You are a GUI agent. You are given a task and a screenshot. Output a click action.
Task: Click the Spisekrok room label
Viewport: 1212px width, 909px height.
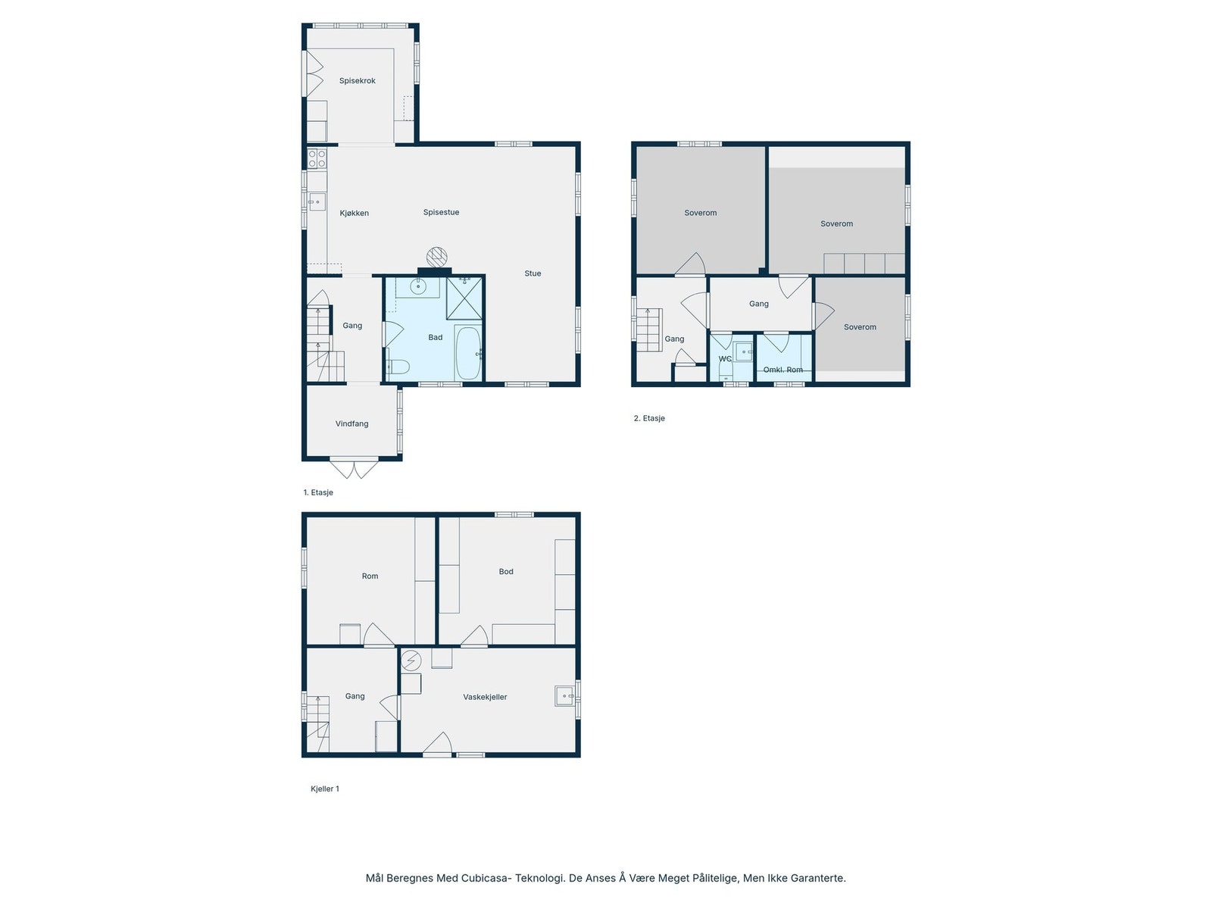tap(357, 81)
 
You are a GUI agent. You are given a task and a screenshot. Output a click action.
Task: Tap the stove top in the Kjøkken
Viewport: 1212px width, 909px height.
tap(317, 158)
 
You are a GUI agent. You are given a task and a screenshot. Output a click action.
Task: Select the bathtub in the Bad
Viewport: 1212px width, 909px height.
tap(467, 353)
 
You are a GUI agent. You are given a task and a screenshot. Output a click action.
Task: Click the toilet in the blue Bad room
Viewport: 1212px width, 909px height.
tap(398, 367)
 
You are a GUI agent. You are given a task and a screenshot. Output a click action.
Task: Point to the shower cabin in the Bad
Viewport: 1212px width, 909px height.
tap(464, 298)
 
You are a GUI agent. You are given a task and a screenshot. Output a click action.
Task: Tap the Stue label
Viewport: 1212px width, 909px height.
tap(533, 273)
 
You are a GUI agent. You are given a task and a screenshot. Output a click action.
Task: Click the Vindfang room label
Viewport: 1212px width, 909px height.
tap(351, 424)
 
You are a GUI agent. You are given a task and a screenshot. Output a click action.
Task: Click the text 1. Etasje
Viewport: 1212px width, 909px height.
tap(318, 492)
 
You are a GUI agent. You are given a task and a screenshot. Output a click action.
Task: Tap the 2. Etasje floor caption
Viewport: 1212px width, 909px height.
tap(649, 418)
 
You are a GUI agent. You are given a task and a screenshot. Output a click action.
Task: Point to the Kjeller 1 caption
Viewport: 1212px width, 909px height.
tap(325, 789)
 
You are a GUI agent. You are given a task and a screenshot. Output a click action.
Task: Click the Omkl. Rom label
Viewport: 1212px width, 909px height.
tap(782, 370)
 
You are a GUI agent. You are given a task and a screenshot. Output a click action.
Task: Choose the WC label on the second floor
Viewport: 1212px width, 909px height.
tap(725, 359)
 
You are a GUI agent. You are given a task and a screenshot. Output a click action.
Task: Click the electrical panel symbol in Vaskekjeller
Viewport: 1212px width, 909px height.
tap(411, 660)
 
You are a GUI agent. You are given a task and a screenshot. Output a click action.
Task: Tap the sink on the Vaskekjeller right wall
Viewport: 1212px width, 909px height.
tap(564, 695)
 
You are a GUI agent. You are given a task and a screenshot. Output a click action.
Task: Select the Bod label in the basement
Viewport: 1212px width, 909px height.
tap(506, 572)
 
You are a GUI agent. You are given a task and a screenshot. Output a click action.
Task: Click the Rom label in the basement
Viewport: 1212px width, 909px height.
tap(370, 576)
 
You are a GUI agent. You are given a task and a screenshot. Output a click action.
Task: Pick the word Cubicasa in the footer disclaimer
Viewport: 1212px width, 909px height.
tap(483, 878)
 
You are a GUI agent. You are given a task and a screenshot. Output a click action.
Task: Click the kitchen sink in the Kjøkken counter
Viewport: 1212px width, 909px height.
tap(317, 202)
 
